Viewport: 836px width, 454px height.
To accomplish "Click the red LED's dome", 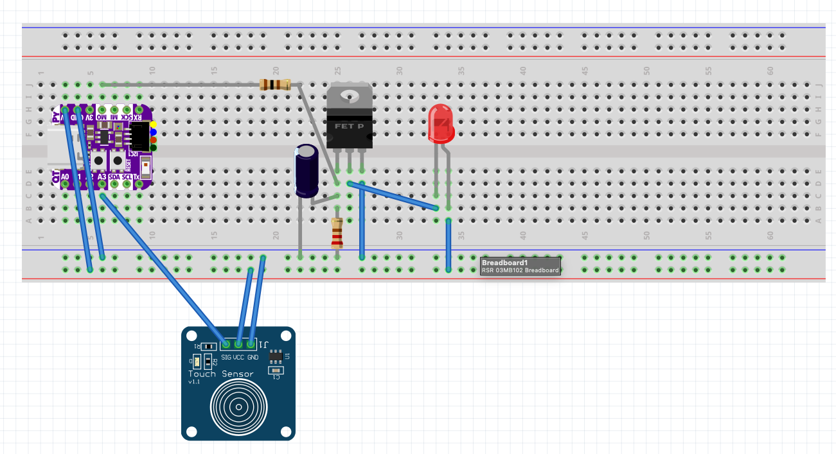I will click(441, 122).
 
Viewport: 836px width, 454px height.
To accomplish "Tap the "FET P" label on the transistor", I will click(349, 126).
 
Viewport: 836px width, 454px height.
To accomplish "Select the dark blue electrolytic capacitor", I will click(307, 170).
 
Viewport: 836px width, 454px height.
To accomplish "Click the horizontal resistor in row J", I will click(275, 84).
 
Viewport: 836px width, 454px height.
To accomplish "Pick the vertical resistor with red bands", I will click(337, 234).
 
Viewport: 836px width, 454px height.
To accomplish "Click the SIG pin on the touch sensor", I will click(226, 345).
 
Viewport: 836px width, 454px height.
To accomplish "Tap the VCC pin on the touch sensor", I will click(239, 345).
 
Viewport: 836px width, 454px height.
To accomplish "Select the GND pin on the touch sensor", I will click(252, 345).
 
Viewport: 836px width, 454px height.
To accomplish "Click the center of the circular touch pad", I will click(238, 407).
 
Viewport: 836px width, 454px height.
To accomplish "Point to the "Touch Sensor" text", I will click(220, 374).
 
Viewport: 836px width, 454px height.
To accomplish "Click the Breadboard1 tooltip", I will click(520, 266).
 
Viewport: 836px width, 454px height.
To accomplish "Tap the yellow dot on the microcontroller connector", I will click(154, 123).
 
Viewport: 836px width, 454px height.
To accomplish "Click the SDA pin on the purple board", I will click(114, 184).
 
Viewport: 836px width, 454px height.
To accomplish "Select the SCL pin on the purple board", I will click(127, 184).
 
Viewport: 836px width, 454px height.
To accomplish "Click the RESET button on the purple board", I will click(117, 160).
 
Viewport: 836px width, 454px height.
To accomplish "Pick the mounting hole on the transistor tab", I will click(350, 97).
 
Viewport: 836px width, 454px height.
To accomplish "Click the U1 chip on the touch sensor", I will click(275, 355).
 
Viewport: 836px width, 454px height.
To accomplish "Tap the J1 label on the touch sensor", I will click(265, 344).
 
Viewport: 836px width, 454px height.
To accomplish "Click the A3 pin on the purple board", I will click(102, 184).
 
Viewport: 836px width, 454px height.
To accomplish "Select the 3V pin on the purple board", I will click(90, 110).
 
